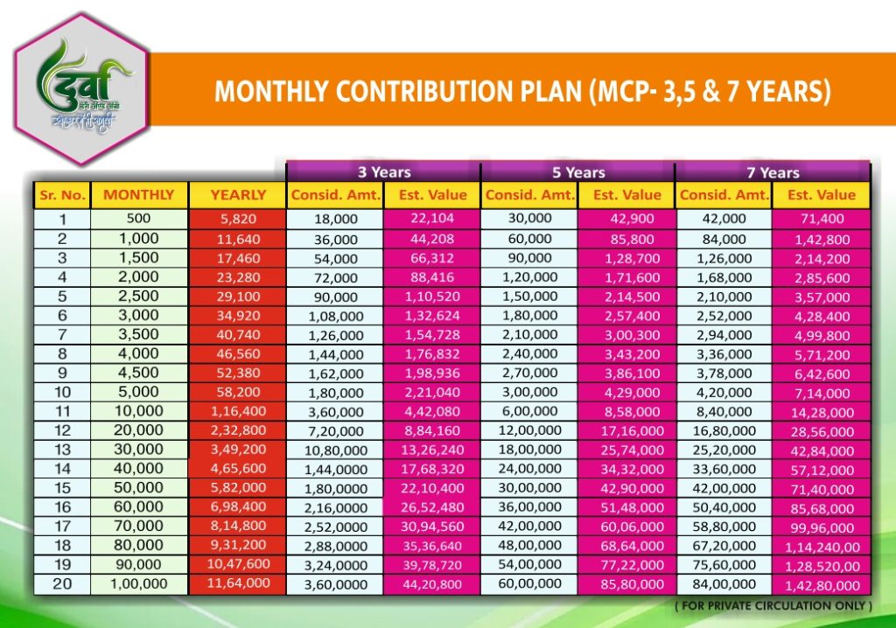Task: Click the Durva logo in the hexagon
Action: pos(84,88)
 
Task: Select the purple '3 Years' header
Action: pos(383,172)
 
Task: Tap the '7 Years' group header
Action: pos(773,172)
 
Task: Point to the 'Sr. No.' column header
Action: pos(61,195)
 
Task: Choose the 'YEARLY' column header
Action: pos(238,195)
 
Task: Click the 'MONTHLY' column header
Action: pos(138,195)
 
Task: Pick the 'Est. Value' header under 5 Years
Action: pos(626,195)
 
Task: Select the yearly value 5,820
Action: pos(238,219)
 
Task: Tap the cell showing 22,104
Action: pos(432,219)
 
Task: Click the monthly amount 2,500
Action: pos(138,296)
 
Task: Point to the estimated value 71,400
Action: pos(822,220)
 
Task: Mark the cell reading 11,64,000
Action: pos(238,583)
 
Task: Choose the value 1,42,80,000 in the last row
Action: pos(822,585)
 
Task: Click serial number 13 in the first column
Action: pos(61,449)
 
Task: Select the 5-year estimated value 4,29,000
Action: pos(627,393)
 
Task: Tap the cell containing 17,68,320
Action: pos(432,469)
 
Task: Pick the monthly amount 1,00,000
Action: pos(138,583)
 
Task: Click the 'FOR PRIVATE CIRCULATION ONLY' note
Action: pos(773,605)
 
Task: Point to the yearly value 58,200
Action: pos(238,392)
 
